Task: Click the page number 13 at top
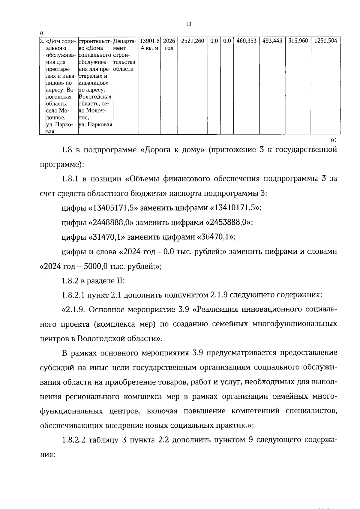[x=188, y=24]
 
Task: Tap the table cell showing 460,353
[x=246, y=41]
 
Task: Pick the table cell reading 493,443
[x=272, y=41]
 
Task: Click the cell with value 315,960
[x=298, y=41]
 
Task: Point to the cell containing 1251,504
[x=325, y=41]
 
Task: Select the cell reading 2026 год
[x=169, y=44]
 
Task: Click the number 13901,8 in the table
[x=149, y=41]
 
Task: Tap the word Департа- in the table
[x=125, y=41]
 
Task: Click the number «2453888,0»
[x=228, y=223]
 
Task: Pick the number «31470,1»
[x=106, y=237]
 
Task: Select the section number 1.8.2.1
[x=73, y=295]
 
